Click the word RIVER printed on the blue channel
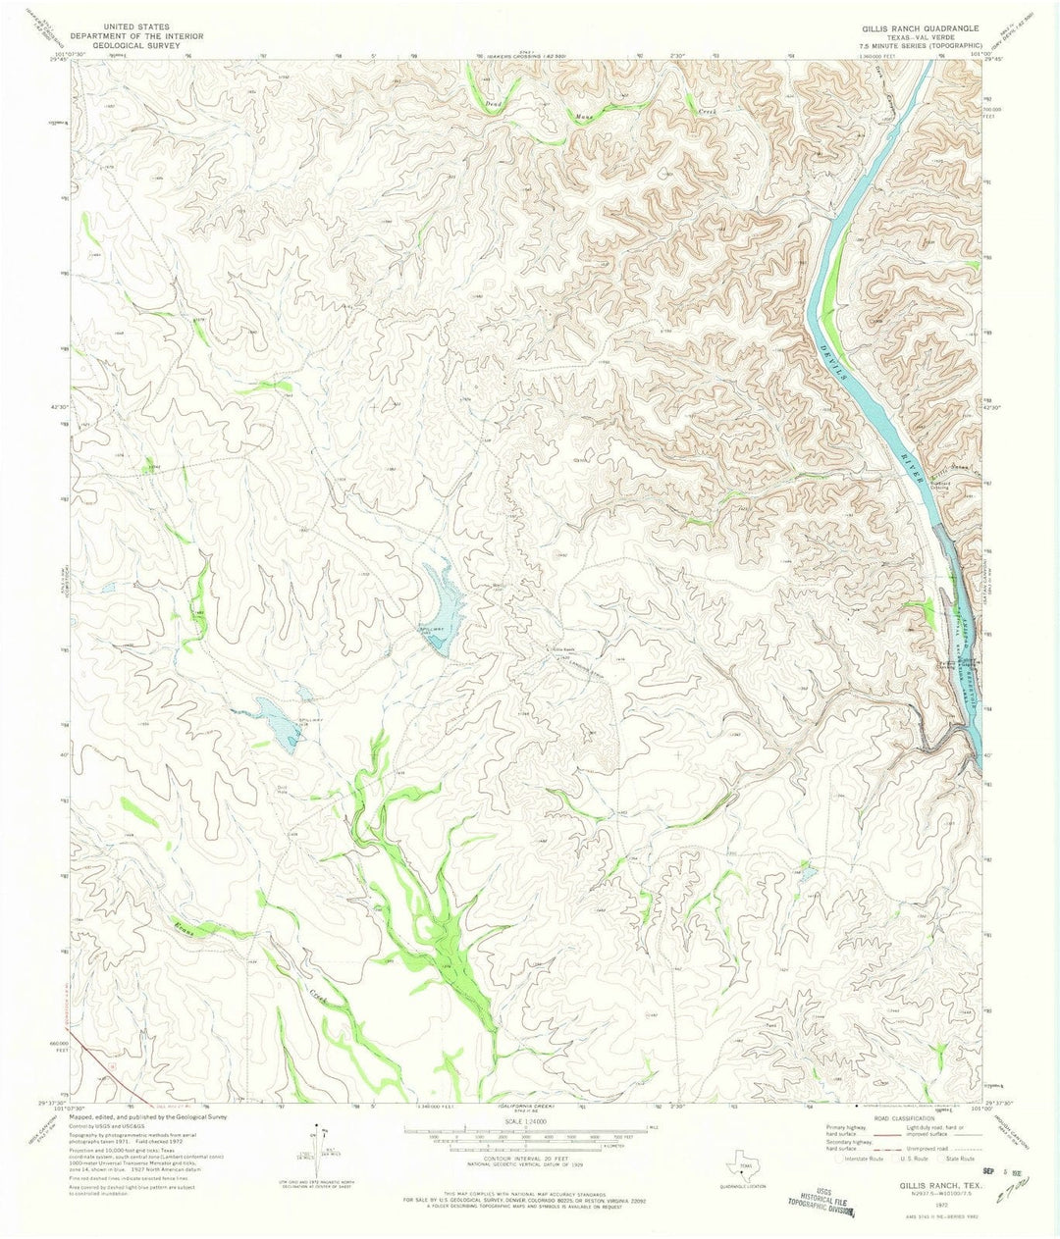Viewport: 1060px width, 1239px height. click(x=909, y=465)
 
